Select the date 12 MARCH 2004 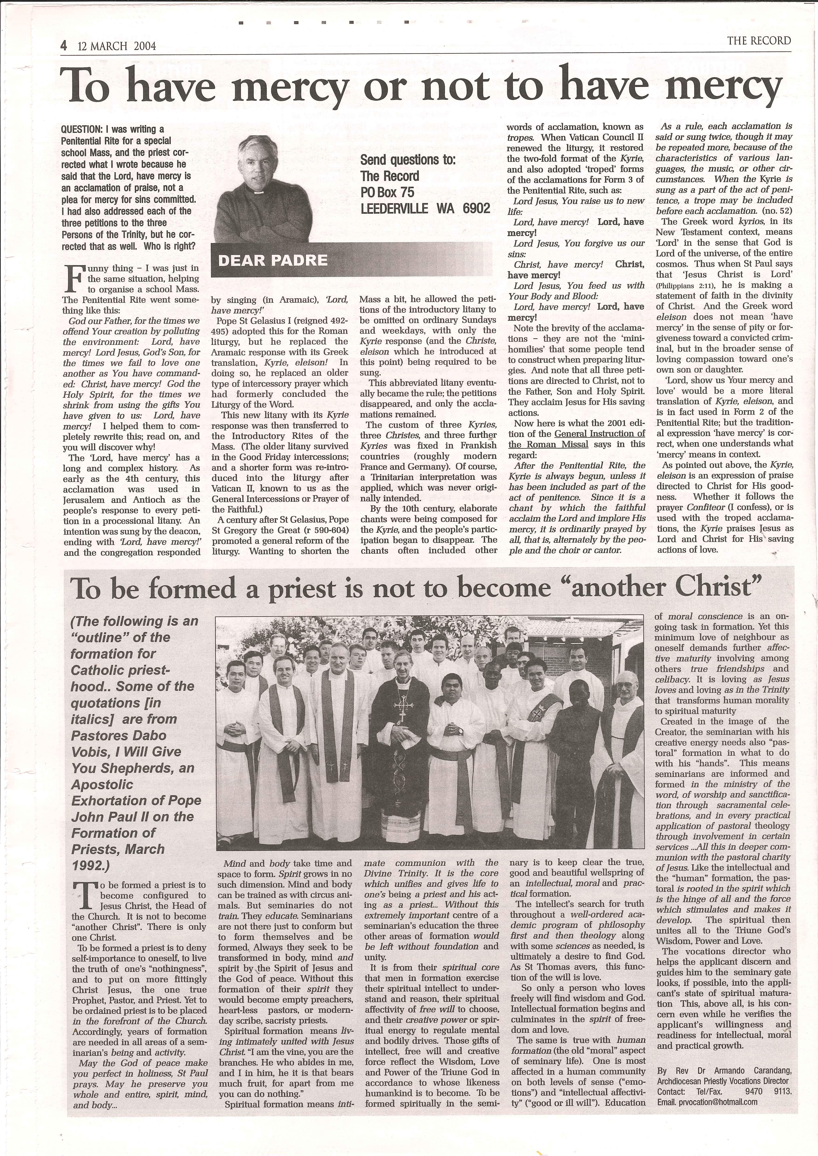coord(117,46)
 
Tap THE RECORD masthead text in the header coord(759,41)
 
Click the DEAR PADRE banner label coord(273,260)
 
